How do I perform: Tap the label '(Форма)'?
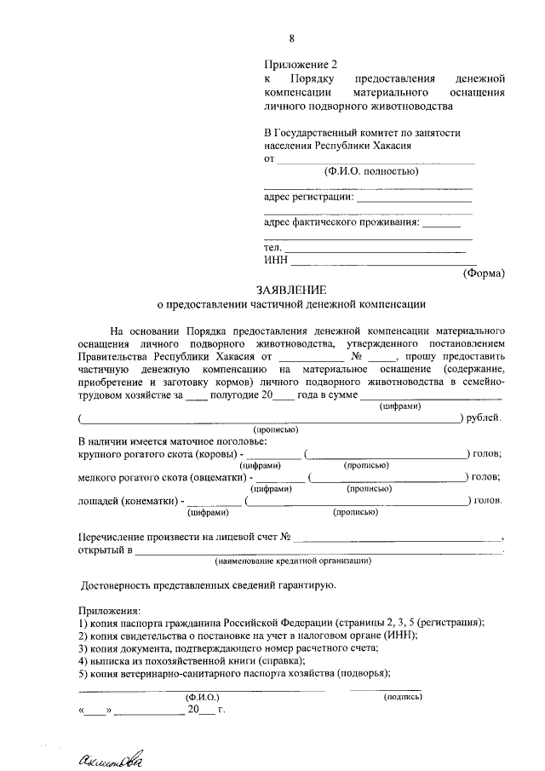point(484,273)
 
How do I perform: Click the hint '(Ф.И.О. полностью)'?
point(370,171)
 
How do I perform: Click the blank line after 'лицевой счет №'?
point(400,538)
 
